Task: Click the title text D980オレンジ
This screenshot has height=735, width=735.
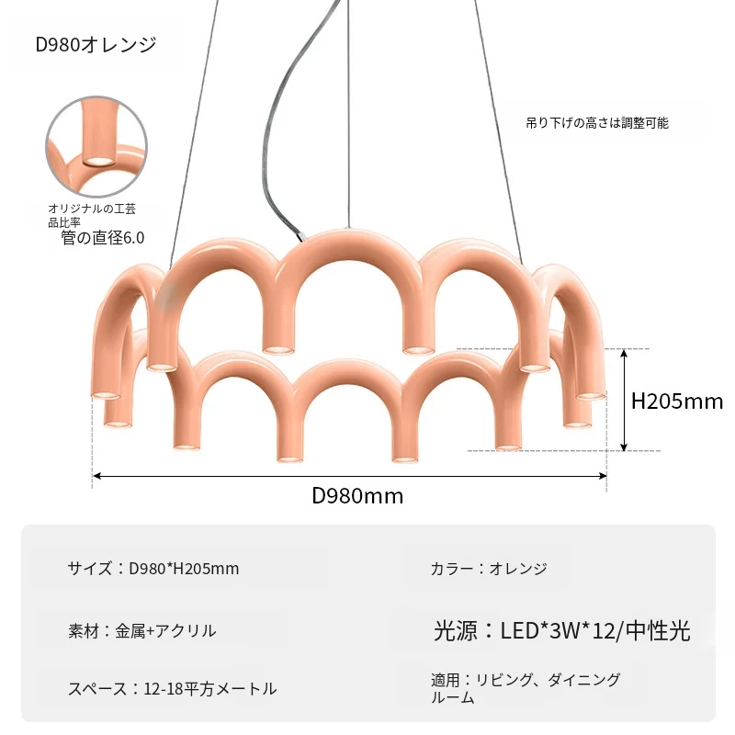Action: tap(96, 44)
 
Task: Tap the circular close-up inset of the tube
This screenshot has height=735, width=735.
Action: tap(96, 147)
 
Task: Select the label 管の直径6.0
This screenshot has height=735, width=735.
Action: tap(103, 238)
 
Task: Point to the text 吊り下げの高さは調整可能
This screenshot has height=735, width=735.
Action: tap(596, 123)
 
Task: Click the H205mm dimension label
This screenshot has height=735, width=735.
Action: tap(677, 401)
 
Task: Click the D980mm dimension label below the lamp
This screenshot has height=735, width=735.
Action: tap(357, 495)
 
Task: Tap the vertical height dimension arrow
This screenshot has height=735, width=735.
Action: tap(624, 400)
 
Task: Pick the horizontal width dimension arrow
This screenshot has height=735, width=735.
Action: tap(350, 476)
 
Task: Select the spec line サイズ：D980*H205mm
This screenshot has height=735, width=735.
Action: tap(153, 568)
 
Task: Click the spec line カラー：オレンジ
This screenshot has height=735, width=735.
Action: tap(489, 568)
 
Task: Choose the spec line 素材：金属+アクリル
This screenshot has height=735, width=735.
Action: tap(142, 630)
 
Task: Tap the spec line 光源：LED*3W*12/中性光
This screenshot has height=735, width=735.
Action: tap(561, 630)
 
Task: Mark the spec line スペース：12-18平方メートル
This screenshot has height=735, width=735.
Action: tap(172, 688)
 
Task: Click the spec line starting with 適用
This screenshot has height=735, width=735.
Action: tap(526, 687)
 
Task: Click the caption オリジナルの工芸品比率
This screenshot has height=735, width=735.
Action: tap(92, 215)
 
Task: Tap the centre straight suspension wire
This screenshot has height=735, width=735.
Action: tap(348, 114)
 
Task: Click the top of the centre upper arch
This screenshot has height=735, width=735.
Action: tap(349, 236)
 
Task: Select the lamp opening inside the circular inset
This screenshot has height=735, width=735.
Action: tap(99, 162)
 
